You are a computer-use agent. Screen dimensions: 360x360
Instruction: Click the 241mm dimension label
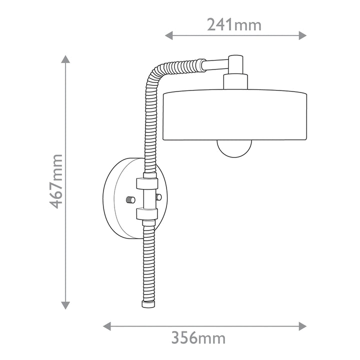tap(234, 25)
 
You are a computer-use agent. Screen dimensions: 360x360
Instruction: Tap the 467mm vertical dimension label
tap(56, 181)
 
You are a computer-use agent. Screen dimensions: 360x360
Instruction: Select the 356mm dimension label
tap(198, 337)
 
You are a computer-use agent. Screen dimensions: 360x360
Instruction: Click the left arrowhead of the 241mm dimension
tap(169, 35)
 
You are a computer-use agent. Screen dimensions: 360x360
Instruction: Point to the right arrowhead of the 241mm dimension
tap(302, 35)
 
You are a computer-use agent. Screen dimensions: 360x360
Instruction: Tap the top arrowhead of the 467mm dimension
tap(65, 59)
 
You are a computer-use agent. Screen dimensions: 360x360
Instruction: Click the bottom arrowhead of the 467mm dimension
tap(65, 305)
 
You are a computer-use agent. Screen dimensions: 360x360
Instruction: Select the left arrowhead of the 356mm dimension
tap(107, 326)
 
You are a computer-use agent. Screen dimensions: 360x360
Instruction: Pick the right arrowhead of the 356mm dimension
tap(302, 326)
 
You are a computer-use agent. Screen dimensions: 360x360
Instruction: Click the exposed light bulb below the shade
tap(234, 148)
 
